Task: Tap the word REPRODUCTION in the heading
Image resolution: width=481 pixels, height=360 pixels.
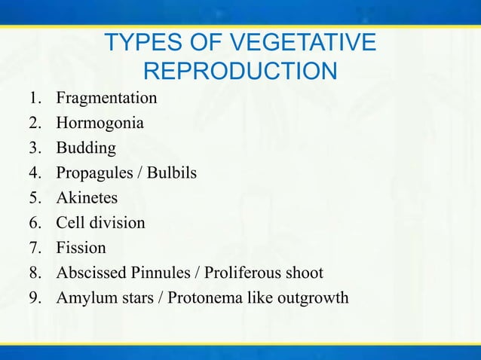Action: pyautogui.click(x=240, y=72)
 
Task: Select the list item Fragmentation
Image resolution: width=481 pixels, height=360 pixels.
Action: pyautogui.click(x=106, y=98)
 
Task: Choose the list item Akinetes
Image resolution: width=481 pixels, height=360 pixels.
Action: pyautogui.click(x=87, y=198)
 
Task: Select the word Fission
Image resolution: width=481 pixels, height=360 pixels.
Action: pyautogui.click(x=81, y=248)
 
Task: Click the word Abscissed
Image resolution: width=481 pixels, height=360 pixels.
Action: pyautogui.click(x=89, y=273)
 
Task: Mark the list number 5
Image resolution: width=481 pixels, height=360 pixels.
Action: pyautogui.click(x=35, y=198)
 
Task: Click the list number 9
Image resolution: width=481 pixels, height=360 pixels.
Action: pyautogui.click(x=35, y=297)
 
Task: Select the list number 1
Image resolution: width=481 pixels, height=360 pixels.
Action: pyautogui.click(x=35, y=98)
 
